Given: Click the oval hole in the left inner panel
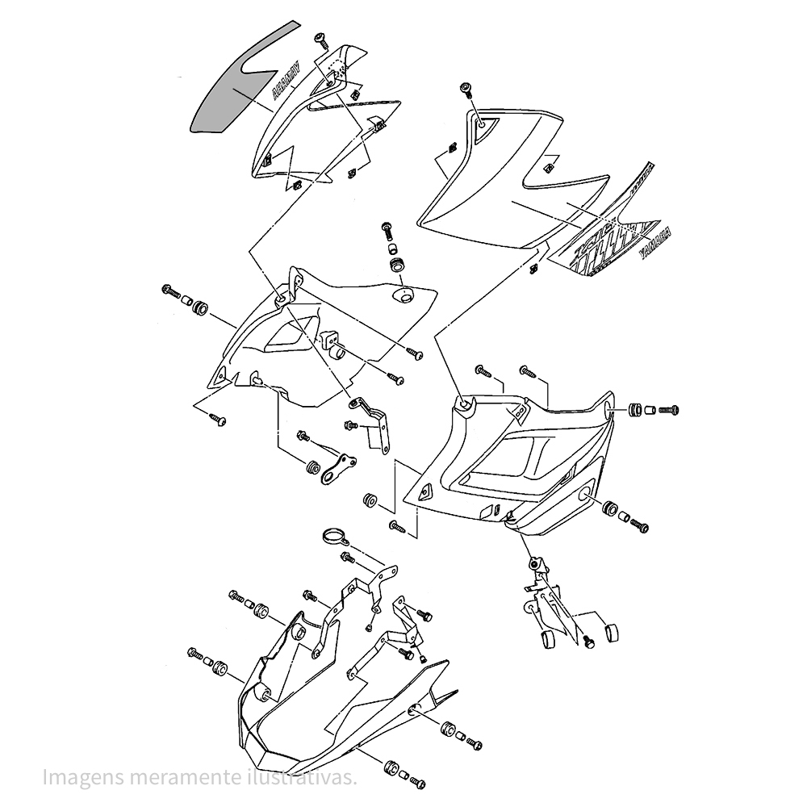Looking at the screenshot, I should [x=402, y=296].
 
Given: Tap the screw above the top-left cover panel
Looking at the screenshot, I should [x=321, y=39].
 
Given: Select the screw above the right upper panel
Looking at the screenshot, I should [x=466, y=90].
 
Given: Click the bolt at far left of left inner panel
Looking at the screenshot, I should [x=174, y=291].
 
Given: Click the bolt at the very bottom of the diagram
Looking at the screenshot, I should [x=417, y=780].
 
